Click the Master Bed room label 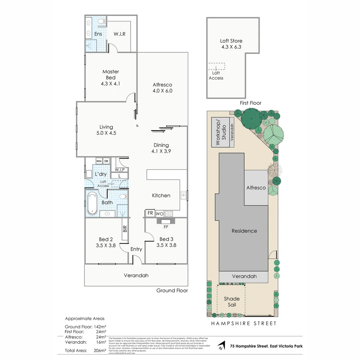(x=110, y=75)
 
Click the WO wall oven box (x=159, y=213)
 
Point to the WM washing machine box (x=99, y=161)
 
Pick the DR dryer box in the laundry (x=106, y=161)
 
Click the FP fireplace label (x=166, y=227)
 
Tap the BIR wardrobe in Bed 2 (x=125, y=229)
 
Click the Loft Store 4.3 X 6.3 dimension (x=231, y=47)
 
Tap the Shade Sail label (x=231, y=302)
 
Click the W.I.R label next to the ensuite (x=119, y=34)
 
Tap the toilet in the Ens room (x=102, y=22)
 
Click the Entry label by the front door (x=136, y=249)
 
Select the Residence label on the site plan (x=244, y=231)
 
